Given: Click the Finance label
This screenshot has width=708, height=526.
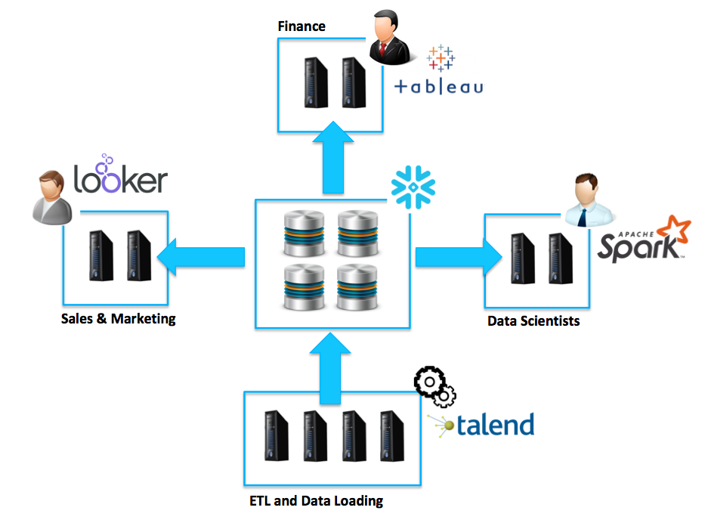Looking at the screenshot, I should click(301, 26).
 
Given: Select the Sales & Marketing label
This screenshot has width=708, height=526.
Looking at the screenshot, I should click(119, 319).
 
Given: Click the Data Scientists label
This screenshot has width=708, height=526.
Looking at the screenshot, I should click(533, 321).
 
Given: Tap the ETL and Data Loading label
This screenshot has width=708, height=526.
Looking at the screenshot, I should click(316, 500).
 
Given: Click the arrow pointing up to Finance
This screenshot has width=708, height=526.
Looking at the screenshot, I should click(329, 159).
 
